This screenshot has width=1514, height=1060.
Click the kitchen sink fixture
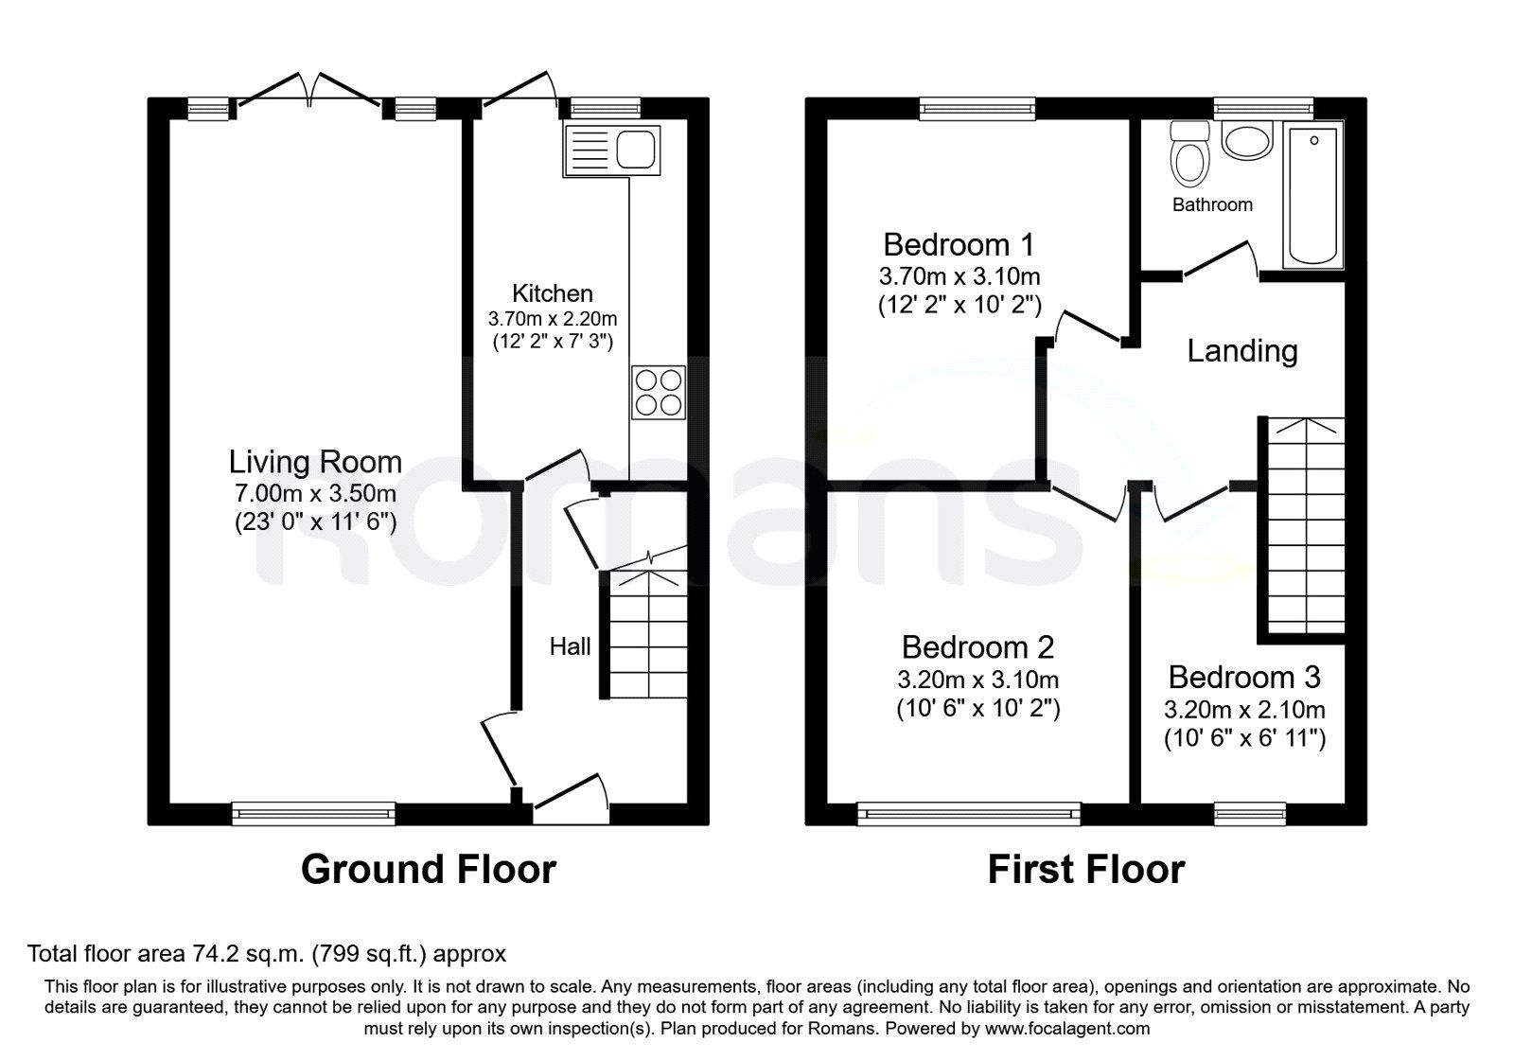click(x=612, y=150)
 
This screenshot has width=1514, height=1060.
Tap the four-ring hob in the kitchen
click(x=659, y=393)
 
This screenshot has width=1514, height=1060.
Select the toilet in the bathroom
click(x=1190, y=153)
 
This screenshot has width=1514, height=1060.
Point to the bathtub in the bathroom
click(x=1313, y=195)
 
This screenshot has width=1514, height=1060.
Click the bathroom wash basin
click(x=1247, y=140)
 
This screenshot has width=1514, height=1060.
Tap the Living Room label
click(x=316, y=462)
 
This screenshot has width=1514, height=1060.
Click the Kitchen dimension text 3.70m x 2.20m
click(x=553, y=318)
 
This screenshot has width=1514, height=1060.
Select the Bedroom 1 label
click(x=959, y=245)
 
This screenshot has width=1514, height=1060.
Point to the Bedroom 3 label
click(x=1244, y=678)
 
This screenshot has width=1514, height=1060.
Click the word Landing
click(x=1242, y=351)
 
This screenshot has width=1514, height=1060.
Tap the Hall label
click(x=570, y=647)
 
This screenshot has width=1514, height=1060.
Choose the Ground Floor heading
click(x=429, y=870)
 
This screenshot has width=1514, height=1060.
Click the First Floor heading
click(x=1086, y=870)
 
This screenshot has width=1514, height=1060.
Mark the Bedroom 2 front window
click(x=969, y=814)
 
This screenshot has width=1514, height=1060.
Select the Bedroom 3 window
click(x=1250, y=814)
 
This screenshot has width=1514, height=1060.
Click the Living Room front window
click(x=313, y=814)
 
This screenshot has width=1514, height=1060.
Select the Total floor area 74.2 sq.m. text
click(x=266, y=954)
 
